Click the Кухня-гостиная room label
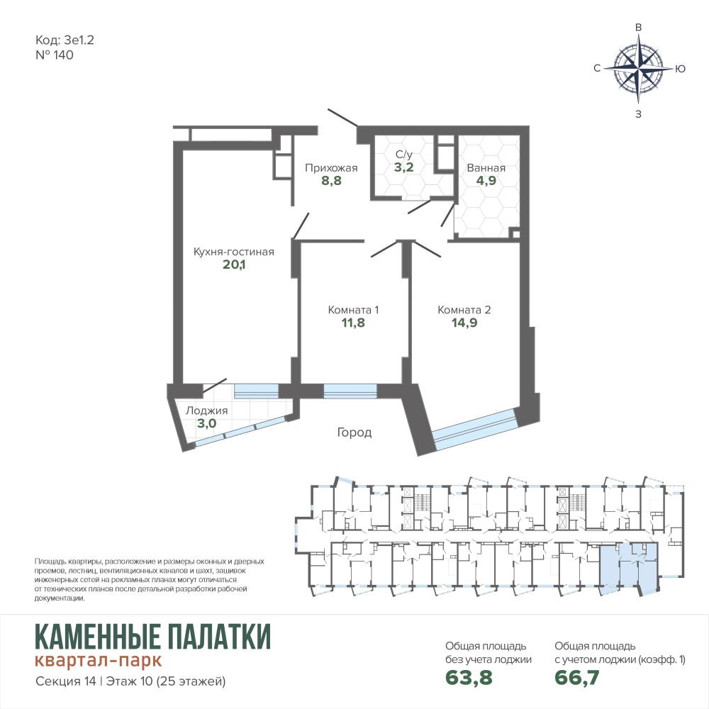(234, 252)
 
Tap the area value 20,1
(234, 264)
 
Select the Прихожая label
(331, 168)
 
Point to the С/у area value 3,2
(403, 167)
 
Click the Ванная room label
(486, 168)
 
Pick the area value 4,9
(486, 181)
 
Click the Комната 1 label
(353, 311)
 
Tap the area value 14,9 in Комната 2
(464, 323)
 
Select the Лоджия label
(206, 411)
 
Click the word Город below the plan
(354, 432)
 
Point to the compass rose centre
(638, 69)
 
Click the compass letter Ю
(680, 69)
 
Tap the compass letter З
(639, 114)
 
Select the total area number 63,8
(469, 678)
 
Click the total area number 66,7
(577, 678)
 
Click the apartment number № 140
(55, 55)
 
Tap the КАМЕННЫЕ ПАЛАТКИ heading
(153, 636)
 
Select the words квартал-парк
(98, 660)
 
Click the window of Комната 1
(350, 391)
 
